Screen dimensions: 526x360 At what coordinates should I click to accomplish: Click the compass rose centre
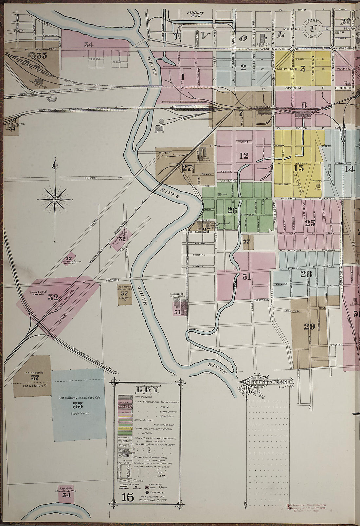(x=55, y=199)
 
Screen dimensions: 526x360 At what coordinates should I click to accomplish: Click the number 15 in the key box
(x=128, y=498)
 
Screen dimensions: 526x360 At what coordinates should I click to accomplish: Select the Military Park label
(x=195, y=14)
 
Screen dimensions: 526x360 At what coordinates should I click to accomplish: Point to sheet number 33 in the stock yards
(x=78, y=406)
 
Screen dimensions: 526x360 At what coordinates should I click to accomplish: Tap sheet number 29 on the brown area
(x=309, y=326)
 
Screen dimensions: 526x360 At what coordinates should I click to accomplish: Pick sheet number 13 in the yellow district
(x=299, y=168)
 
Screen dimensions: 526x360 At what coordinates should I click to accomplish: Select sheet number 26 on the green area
(x=232, y=210)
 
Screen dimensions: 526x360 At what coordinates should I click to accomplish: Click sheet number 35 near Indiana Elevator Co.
(x=42, y=56)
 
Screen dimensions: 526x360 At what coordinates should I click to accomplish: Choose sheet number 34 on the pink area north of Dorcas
(x=88, y=45)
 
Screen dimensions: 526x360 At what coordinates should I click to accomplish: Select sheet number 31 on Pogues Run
(x=246, y=277)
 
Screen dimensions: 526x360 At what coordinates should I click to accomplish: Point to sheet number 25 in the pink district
(x=310, y=223)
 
